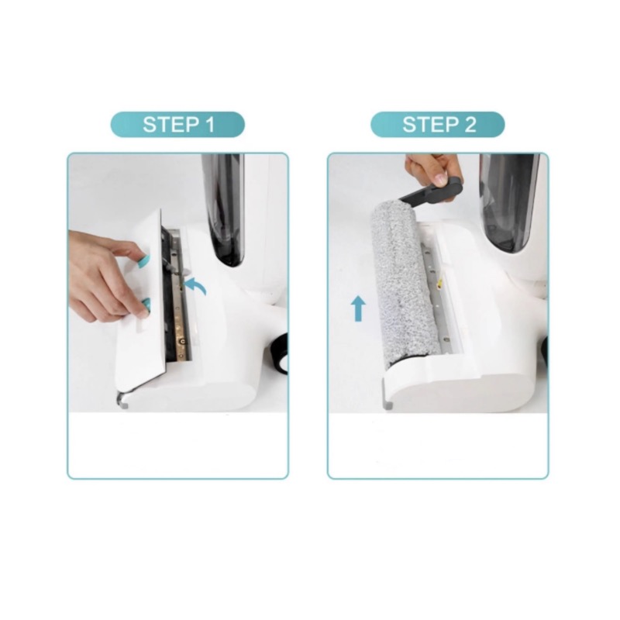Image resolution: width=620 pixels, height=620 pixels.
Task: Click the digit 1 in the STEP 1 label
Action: (x=208, y=125)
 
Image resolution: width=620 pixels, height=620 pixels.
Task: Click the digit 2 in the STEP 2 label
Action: (x=470, y=125)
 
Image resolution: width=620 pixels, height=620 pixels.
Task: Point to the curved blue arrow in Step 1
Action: (x=198, y=284)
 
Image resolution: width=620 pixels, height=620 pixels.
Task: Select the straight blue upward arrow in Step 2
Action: (x=359, y=308)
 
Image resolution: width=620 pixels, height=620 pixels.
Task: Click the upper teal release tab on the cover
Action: (x=143, y=260)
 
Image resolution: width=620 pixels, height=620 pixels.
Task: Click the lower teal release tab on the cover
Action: (x=146, y=306)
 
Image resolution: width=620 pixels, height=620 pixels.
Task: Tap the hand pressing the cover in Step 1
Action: (x=105, y=277)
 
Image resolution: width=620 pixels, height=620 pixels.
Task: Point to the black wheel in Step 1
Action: (x=281, y=353)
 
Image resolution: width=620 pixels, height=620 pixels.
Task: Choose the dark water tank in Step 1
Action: (x=223, y=208)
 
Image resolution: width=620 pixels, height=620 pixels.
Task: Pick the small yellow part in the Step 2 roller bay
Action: (x=439, y=284)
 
